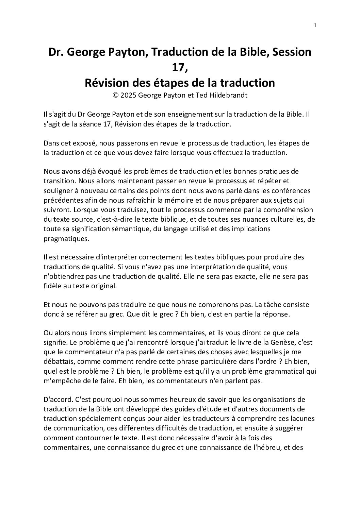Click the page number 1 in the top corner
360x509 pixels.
(x=315, y=26)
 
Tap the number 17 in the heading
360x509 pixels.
(x=180, y=67)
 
